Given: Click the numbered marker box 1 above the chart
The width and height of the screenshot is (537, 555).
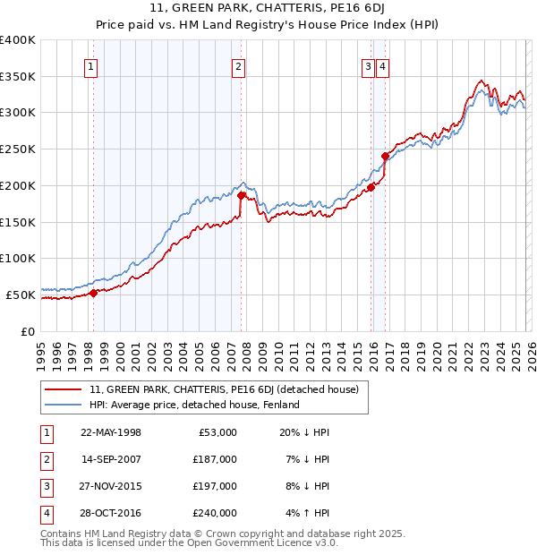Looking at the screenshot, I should click(92, 65).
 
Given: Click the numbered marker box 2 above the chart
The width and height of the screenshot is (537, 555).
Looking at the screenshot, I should click(239, 65).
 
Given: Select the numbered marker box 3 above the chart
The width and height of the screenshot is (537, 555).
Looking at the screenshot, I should click(368, 65).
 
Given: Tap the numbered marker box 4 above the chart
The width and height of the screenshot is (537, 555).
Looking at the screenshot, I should click(382, 65).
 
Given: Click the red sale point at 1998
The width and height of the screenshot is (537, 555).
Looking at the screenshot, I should click(93, 292).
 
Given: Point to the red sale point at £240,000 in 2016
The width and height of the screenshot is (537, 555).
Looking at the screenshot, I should click(385, 156).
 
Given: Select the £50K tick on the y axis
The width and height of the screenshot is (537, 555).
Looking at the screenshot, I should click(21, 295).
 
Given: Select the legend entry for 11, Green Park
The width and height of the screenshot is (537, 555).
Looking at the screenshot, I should click(224, 389).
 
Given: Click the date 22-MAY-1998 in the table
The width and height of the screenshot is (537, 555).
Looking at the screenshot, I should click(111, 432).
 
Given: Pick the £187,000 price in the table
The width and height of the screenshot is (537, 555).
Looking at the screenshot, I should click(215, 459).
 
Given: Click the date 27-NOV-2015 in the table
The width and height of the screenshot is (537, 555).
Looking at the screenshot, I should click(111, 486).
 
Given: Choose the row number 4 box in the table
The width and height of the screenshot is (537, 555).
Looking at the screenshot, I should click(45, 513).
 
